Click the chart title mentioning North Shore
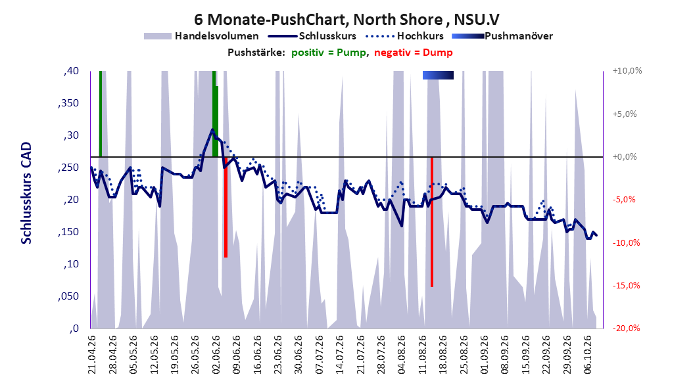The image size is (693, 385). click(346, 20)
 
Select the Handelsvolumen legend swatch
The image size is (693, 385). click(157, 36)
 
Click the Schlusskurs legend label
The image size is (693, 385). click(327, 36)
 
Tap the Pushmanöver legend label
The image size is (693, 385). click(519, 36)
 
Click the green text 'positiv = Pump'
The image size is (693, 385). click(328, 53)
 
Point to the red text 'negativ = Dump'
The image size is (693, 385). click(414, 53)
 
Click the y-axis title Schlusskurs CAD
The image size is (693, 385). click(26, 193)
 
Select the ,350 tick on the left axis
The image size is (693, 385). click(68, 103)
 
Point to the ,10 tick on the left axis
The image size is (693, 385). click(71, 265)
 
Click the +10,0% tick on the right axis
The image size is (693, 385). click(627, 71)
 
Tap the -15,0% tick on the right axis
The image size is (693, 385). click(626, 286)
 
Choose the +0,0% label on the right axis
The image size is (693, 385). click(625, 157)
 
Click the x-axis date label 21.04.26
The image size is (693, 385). click(91, 355)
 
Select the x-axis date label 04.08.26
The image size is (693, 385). click(401, 355)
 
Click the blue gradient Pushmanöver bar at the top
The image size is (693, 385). click(438, 75)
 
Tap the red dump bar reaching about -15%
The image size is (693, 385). click(432, 222)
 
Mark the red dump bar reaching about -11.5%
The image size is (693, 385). click(226, 207)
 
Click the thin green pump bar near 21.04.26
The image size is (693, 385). click(101, 114)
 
